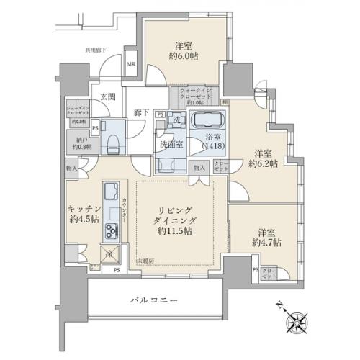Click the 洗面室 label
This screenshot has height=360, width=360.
[x=168, y=144]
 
